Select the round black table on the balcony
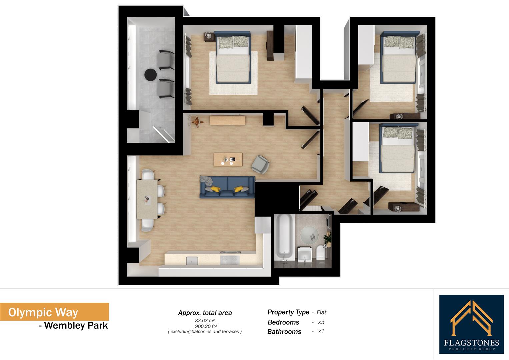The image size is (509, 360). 151,74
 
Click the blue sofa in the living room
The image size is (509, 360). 227,187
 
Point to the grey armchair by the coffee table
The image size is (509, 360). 260,164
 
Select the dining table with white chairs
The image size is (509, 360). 147,199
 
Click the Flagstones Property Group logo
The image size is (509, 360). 471,324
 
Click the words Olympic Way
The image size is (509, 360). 43,312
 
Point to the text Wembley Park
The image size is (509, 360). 76,325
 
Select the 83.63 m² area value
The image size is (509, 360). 205,320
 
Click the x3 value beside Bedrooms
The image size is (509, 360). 321,322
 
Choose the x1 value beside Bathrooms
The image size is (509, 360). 321,331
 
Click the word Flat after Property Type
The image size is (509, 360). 321,312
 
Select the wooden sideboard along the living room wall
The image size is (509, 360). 227,120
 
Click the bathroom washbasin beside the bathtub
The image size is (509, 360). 304,254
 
